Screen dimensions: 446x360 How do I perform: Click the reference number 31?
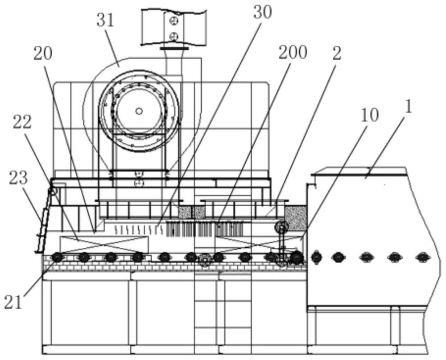tap(105, 21)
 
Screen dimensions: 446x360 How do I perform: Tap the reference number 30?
tap(262, 12)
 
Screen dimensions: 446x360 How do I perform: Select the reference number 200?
tap(293, 53)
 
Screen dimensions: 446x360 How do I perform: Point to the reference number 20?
tap(43, 53)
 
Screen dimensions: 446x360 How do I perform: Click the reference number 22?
tap(22, 123)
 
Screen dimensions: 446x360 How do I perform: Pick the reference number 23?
tap(18, 178)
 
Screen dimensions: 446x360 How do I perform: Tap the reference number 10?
tap(369, 116)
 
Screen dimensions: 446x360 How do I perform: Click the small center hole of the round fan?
tap(139, 111)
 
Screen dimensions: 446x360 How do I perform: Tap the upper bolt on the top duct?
tap(173, 20)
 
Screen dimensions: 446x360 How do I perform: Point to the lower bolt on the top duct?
tap(173, 37)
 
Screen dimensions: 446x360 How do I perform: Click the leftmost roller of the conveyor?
tap(57, 257)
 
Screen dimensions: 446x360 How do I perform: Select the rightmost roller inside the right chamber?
tap(422, 257)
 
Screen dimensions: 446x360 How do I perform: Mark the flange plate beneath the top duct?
tap(174, 49)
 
